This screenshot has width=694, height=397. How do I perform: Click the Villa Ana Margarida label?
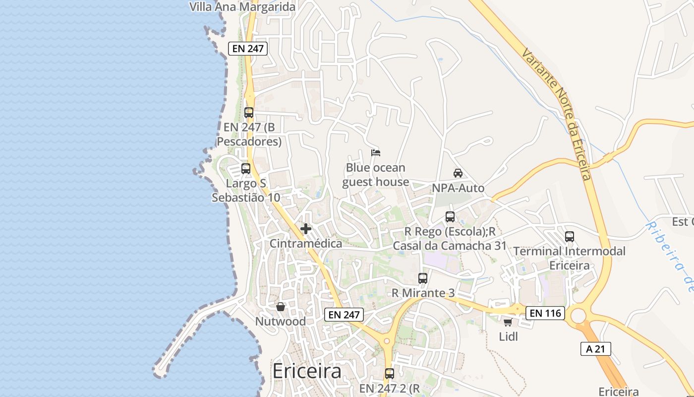pos(243,7)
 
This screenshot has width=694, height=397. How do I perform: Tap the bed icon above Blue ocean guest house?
pos(376,152)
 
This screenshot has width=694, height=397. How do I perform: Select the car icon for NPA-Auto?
pos(458,173)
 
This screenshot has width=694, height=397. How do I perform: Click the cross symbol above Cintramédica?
pos(306,229)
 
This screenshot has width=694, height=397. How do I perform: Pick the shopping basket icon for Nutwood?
pos(281,307)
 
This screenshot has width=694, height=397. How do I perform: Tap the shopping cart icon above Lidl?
pos(508,323)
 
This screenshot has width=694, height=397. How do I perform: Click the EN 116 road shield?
pos(545,313)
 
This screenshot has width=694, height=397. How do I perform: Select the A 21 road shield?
pos(595,349)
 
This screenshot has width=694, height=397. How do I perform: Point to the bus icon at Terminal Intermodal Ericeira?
pos(570,237)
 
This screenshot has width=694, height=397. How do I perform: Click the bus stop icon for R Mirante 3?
pos(423,278)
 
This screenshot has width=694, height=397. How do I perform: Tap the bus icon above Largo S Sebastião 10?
pos(246,169)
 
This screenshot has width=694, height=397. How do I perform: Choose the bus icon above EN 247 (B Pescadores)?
pos(249,113)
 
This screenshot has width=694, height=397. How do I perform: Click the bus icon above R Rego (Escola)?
pos(450,217)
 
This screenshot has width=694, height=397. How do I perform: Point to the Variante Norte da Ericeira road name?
pos(557,114)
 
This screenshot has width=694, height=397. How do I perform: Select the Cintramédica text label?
pos(306,244)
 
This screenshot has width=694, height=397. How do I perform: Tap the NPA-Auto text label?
pos(458,188)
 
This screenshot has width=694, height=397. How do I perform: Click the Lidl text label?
pos(509,336)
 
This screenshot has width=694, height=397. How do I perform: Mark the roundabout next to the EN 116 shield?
pos(578,315)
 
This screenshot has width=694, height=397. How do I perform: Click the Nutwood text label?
pos(281,321)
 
